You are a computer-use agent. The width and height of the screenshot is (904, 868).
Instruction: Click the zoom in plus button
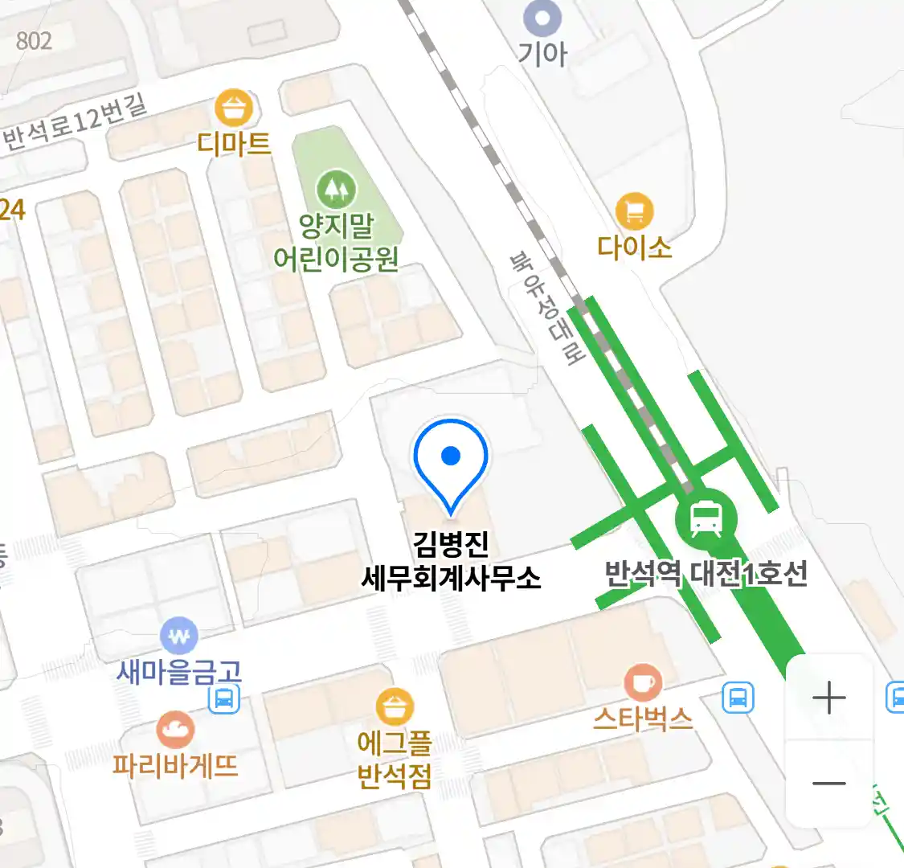(828, 698)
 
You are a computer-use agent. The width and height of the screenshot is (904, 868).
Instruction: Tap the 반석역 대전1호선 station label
(706, 574)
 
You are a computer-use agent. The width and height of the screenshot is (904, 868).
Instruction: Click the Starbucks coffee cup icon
(643, 684)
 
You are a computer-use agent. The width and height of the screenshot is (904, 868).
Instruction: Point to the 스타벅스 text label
(643, 718)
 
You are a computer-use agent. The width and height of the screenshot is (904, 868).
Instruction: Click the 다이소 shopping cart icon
(634, 212)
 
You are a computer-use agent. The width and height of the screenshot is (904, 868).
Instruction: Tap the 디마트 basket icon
(234, 108)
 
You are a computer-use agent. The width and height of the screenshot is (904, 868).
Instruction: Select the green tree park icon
(336, 190)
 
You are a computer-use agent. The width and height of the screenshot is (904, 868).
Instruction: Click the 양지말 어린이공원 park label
(336, 242)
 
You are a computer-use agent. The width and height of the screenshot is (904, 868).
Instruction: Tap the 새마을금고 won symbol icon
(178, 637)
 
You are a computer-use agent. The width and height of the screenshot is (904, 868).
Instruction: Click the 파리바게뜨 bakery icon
(174, 731)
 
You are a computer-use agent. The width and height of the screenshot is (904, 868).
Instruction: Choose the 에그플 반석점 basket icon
(395, 708)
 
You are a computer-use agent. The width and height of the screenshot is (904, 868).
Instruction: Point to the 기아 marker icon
(542, 18)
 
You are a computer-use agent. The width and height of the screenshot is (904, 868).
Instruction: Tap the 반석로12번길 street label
(76, 122)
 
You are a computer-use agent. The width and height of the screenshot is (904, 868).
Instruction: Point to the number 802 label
(34, 40)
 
